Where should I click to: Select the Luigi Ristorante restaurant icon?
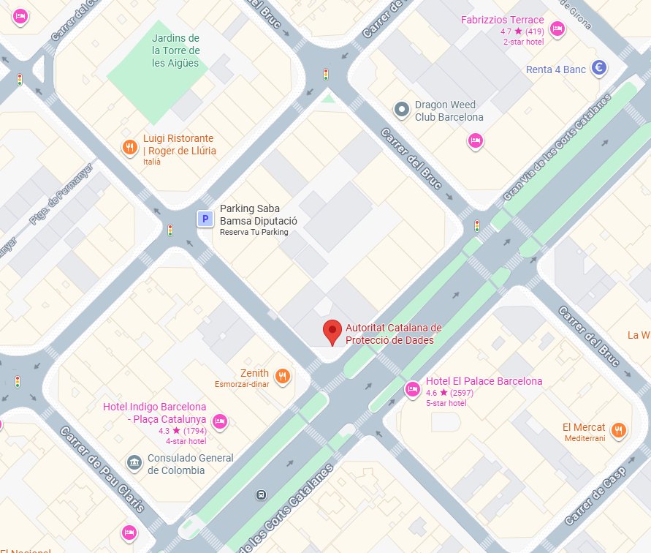[x=129, y=147]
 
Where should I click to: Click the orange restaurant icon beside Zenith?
[x=283, y=377]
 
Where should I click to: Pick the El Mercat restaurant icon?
[x=619, y=430]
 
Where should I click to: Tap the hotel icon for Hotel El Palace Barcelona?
[x=412, y=388]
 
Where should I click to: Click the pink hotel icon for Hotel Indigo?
[x=219, y=421]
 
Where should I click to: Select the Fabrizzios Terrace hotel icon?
[x=557, y=29]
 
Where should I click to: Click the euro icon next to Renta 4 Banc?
[x=599, y=68]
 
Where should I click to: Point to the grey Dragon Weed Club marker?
[x=401, y=110]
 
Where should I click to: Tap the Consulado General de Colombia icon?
[x=134, y=462]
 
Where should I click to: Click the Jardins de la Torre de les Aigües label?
[x=175, y=50]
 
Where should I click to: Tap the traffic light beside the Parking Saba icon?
[x=170, y=230]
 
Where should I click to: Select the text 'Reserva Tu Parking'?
[x=254, y=233]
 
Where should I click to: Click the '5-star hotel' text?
[x=446, y=403]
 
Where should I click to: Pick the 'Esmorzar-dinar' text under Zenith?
[x=242, y=385]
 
